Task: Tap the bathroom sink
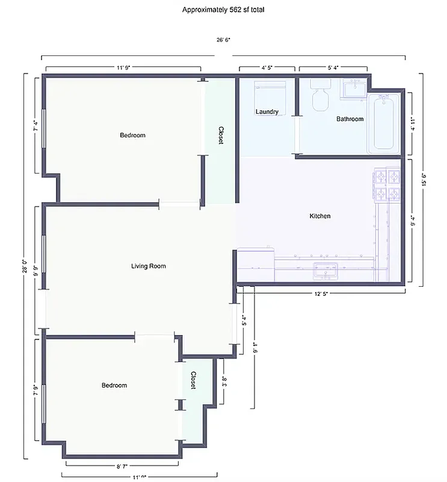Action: [353, 89]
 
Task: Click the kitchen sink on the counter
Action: [325, 271]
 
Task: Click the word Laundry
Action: [267, 111]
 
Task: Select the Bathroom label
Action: [350, 119]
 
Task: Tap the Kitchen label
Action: [319, 216]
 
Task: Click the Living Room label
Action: [148, 266]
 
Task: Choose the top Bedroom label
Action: [132, 135]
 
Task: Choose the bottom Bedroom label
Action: [114, 385]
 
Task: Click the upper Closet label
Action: [221, 136]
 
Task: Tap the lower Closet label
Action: [193, 380]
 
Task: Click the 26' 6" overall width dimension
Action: [223, 40]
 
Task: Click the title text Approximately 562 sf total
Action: [223, 10]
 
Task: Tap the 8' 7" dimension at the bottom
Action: [122, 466]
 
